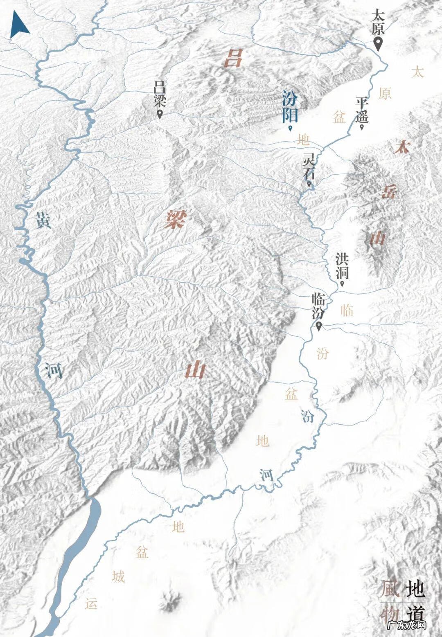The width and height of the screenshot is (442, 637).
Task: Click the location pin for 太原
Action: point(379,43)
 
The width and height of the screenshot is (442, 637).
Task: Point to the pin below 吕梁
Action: point(159,115)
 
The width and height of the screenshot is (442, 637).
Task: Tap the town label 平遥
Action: point(362,109)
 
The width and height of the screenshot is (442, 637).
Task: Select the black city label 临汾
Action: point(318,306)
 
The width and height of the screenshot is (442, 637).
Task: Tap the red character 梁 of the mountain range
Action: point(174,220)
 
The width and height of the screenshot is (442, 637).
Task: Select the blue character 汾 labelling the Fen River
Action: point(308,416)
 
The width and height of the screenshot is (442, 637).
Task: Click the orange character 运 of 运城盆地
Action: point(91,603)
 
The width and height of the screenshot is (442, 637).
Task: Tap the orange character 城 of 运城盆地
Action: point(118,577)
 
